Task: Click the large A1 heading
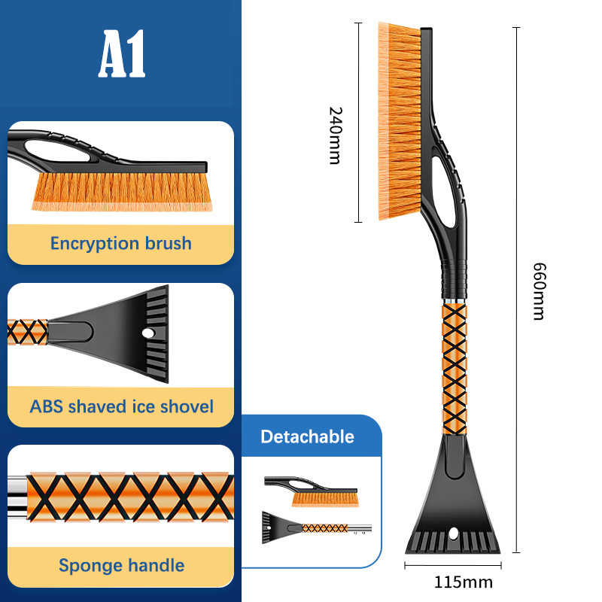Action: click(x=122, y=53)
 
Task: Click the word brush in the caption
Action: click(x=168, y=243)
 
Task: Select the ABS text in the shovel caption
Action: click(x=46, y=406)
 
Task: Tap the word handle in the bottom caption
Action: click(x=157, y=565)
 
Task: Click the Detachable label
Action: click(x=307, y=436)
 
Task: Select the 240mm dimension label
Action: click(x=335, y=135)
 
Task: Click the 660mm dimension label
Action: click(x=539, y=291)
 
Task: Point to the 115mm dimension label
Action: click(x=464, y=582)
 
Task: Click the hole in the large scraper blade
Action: click(x=454, y=534)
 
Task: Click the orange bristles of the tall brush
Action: click(x=400, y=121)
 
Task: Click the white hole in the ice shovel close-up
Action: click(x=148, y=333)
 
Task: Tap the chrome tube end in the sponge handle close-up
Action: click(x=17, y=497)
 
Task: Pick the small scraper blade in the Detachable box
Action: click(x=279, y=528)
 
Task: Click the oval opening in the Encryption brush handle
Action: click(x=58, y=151)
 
